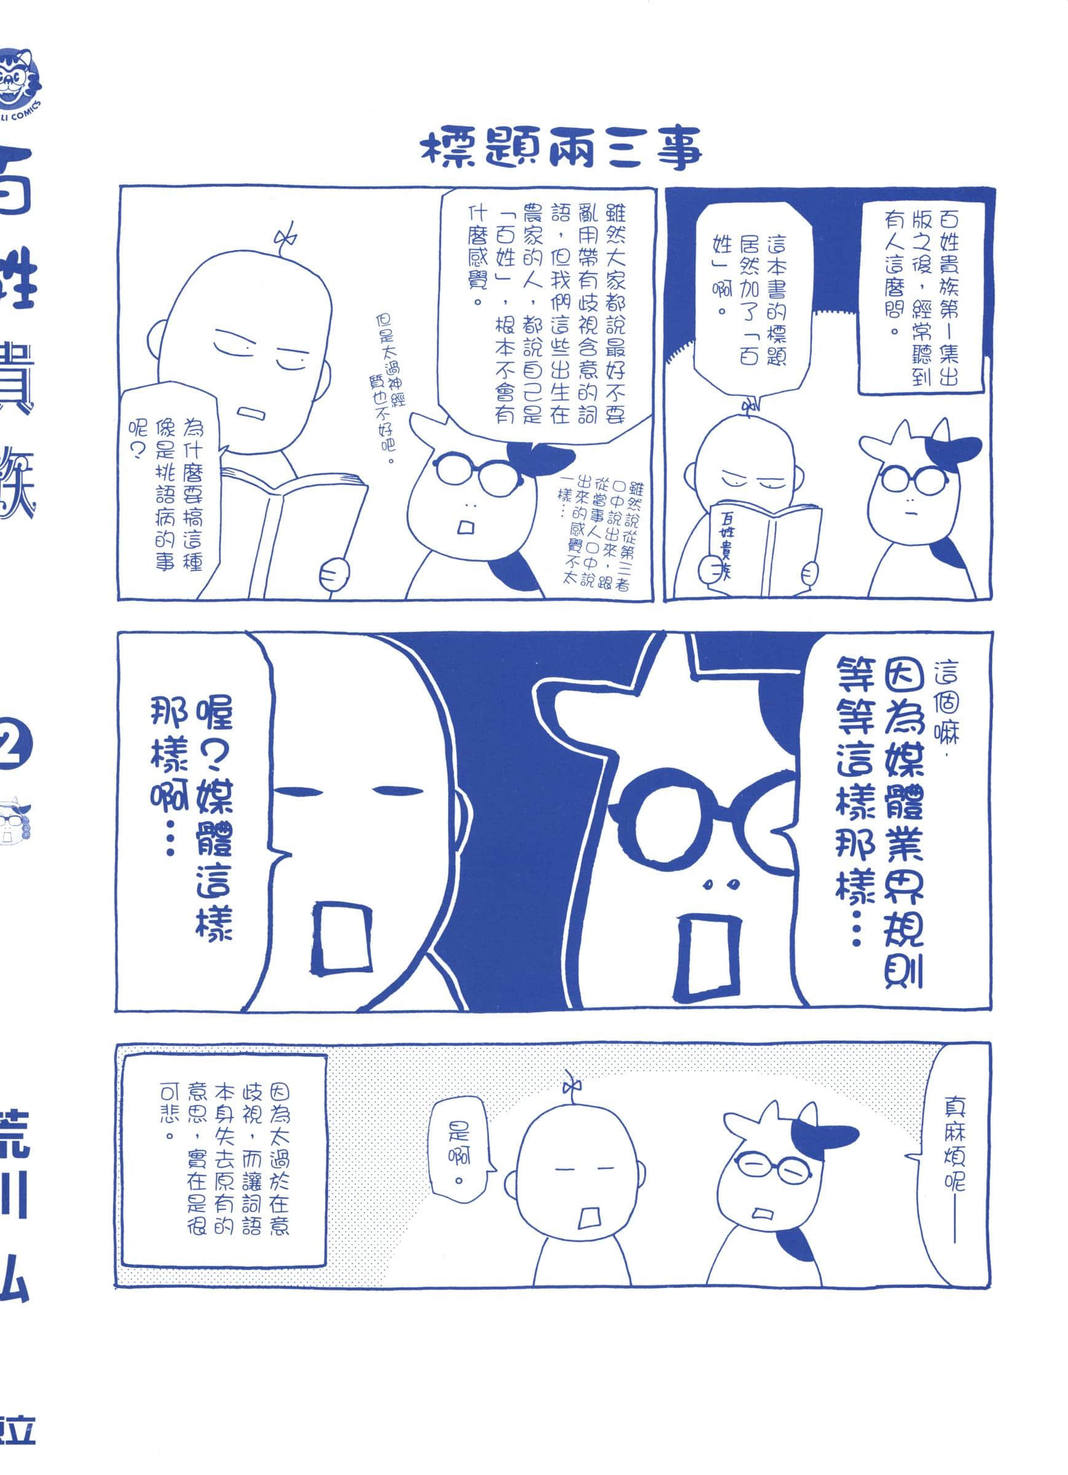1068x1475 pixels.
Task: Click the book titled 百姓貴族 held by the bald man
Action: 763,547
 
